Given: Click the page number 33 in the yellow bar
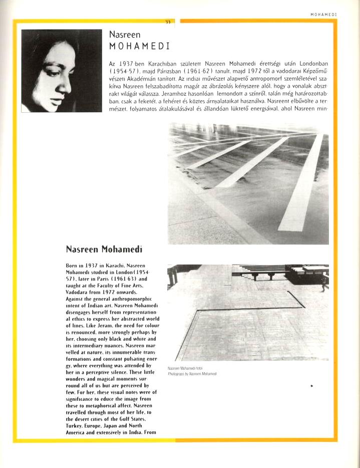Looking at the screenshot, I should tap(168, 22).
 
